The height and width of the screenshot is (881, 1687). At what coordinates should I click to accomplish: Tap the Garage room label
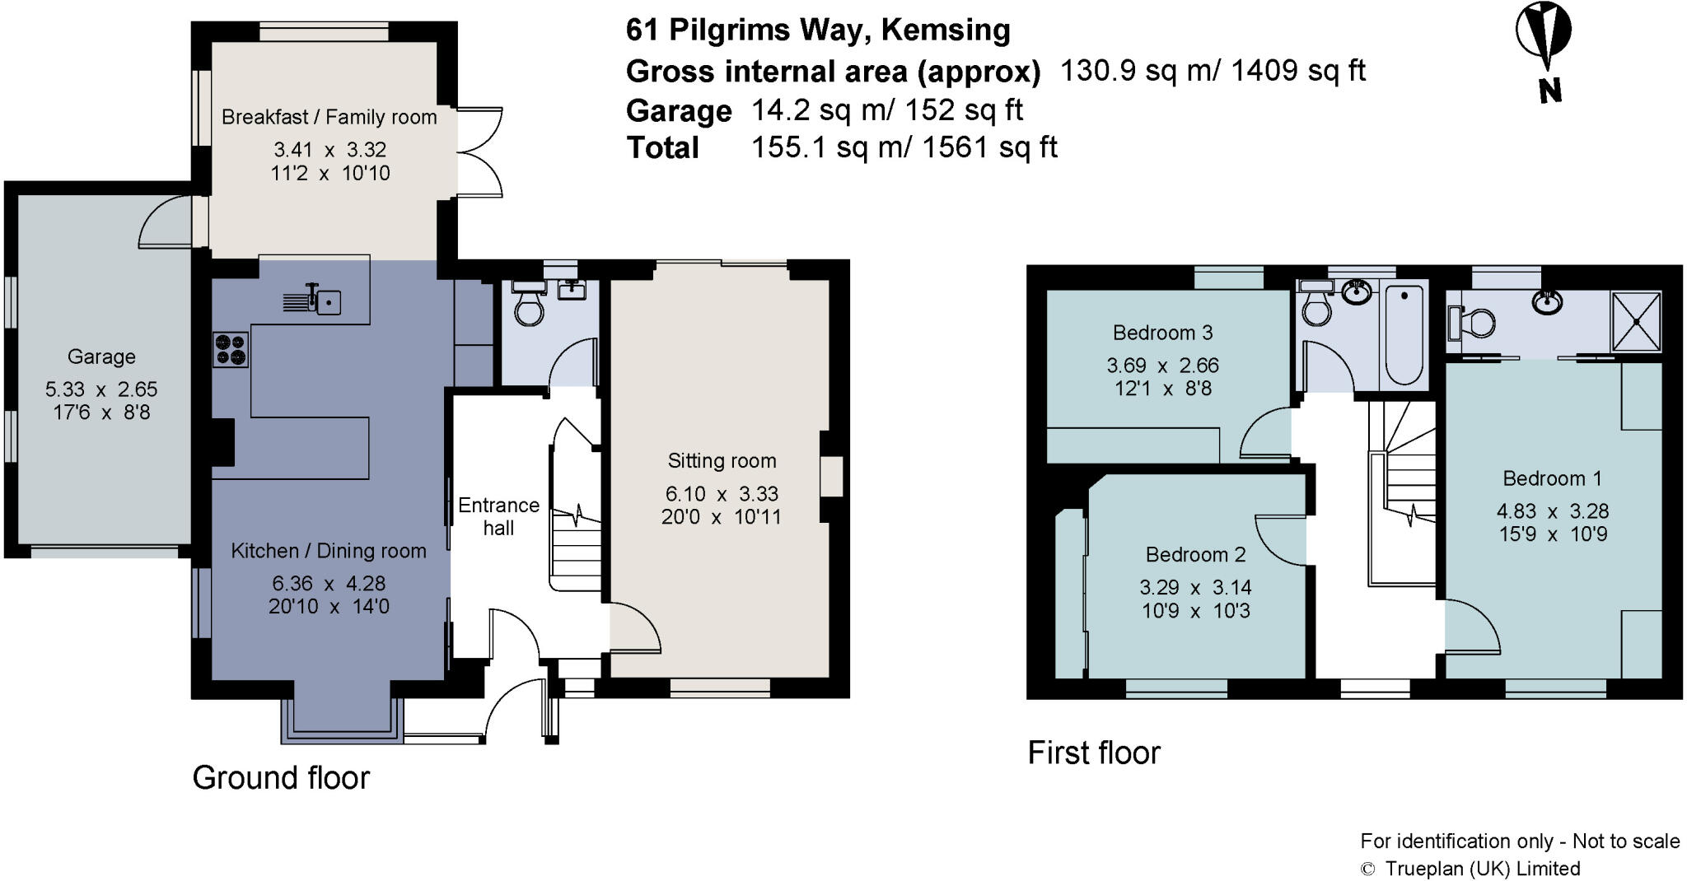click(x=101, y=357)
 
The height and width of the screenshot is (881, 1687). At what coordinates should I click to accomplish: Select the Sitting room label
click(x=722, y=460)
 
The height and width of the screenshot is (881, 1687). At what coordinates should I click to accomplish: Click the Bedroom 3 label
click(x=1162, y=333)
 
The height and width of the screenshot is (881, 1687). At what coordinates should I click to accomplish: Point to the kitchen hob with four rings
click(x=231, y=348)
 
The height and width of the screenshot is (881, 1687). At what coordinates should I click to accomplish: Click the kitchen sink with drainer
click(x=312, y=301)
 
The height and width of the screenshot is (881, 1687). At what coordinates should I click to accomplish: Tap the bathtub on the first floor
click(x=1405, y=334)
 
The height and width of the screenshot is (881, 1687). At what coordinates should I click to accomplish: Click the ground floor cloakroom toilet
click(x=527, y=302)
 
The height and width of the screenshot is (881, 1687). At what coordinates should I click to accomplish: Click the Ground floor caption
click(x=281, y=777)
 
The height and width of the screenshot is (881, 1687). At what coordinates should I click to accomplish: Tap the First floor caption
click(x=1094, y=753)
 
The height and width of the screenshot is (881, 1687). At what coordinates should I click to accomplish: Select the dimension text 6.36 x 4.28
click(x=329, y=584)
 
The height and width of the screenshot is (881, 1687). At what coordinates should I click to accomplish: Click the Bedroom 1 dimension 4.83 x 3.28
click(x=1553, y=511)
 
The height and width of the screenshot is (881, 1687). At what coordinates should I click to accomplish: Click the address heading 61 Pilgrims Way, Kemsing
click(x=818, y=30)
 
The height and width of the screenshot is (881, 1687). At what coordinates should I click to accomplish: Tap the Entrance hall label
click(x=498, y=516)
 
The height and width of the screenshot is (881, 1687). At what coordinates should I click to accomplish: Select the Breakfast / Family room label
click(x=329, y=117)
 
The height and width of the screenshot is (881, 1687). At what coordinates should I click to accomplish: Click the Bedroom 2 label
click(x=1195, y=555)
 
